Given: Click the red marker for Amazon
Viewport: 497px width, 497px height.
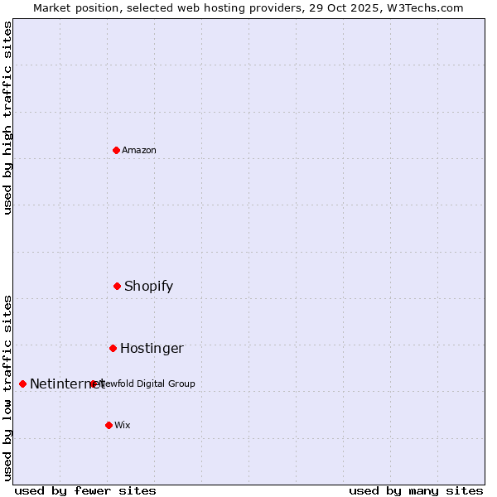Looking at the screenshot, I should click(116, 150).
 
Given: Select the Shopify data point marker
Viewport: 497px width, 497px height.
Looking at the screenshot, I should click(117, 286).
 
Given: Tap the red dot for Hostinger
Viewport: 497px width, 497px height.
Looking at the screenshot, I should click(113, 348).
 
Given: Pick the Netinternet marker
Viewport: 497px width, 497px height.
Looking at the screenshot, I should click(22, 384).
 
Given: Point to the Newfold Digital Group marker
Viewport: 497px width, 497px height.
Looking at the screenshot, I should click(93, 384).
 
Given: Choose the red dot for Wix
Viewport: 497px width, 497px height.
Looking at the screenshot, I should click(109, 425).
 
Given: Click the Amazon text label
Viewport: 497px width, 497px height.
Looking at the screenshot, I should click(139, 150).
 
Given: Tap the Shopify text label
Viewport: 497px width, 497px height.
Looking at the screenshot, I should click(149, 286).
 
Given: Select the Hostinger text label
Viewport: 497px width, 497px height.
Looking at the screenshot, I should click(152, 348).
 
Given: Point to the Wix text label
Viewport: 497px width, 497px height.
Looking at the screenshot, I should click(123, 425).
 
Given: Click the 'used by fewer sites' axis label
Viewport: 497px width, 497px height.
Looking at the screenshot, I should click(85, 490).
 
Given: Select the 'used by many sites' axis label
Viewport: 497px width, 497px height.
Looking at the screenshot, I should click(416, 490).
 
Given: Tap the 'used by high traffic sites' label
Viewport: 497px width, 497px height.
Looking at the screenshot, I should click(7, 118).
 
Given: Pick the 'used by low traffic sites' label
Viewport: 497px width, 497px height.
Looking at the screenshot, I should click(7, 387).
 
